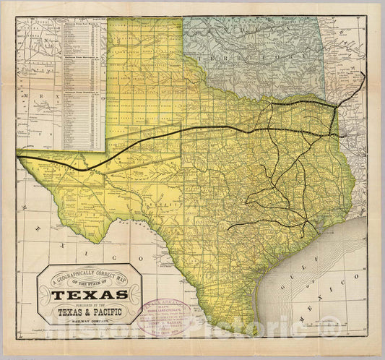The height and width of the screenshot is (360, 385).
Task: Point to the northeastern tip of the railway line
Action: pyautogui.click(x=363, y=74)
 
